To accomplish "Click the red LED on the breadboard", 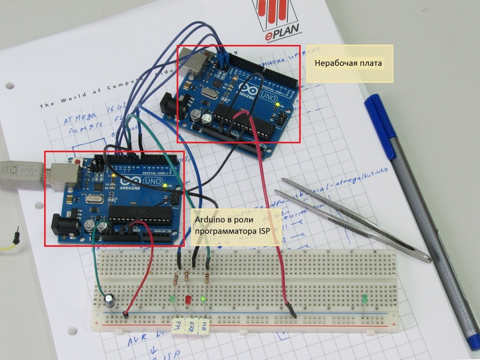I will pyautogui.click(x=187, y=299).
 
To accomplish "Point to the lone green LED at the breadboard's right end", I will pyautogui.click(x=364, y=298).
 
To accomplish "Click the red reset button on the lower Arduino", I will pyautogui.click(x=79, y=161).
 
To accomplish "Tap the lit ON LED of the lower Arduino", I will pyautogui.click(x=164, y=187).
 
